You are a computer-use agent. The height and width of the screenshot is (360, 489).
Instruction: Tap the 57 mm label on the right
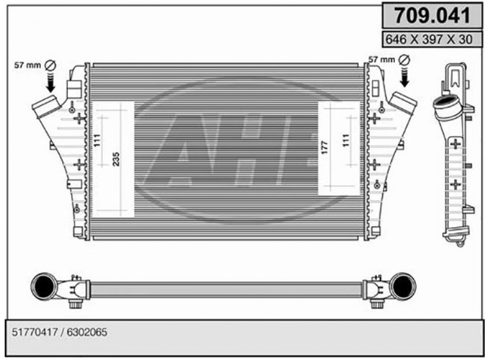pyautogui.click(x=381, y=60)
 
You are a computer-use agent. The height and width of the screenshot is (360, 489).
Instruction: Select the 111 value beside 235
pyautogui.click(x=97, y=140)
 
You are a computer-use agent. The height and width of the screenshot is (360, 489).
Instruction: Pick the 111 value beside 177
pyautogui.click(x=345, y=140)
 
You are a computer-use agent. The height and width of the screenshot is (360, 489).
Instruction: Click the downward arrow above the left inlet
pyautogui.click(x=51, y=83)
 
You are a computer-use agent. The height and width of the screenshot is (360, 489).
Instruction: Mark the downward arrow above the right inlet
pyautogui.click(x=405, y=77)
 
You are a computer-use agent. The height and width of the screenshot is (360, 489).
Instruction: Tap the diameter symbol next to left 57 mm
pyautogui.click(x=50, y=65)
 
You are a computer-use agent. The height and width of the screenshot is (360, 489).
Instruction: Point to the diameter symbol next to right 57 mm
pyautogui.click(x=404, y=60)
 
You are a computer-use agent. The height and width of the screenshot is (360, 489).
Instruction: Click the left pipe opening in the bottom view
pyautogui.click(x=45, y=286)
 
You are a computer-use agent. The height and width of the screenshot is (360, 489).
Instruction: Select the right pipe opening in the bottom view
pyautogui.click(x=402, y=286)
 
